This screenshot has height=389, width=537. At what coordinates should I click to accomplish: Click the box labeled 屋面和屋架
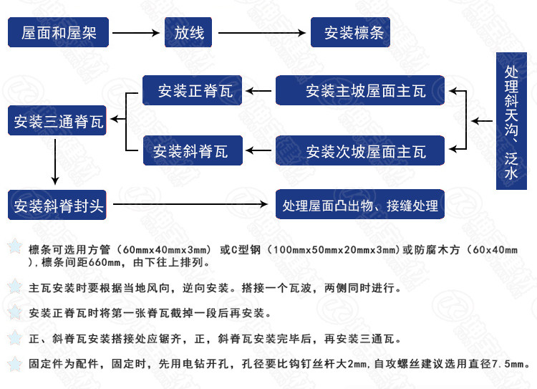58,32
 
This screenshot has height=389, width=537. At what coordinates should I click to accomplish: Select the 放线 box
189,32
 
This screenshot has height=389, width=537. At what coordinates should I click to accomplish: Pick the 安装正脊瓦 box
191,91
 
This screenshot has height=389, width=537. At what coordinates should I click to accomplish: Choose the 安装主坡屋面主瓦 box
360,91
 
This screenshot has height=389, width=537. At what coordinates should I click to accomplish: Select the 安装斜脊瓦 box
191,151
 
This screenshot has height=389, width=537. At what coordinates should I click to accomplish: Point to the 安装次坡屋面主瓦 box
360,151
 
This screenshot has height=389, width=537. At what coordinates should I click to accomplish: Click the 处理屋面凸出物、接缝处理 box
360,206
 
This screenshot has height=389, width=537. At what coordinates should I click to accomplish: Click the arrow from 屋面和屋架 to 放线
135,32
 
